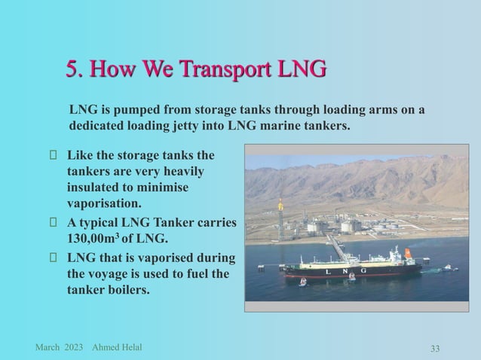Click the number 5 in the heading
[72, 71]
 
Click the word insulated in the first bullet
[94, 187]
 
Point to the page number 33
[435, 347]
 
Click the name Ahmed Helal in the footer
[116, 346]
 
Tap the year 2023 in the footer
[74, 346]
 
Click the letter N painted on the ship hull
[344, 270]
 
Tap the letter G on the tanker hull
[363, 270]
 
